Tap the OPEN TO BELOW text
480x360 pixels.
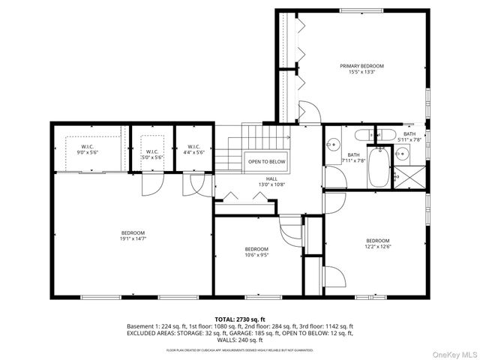tap(267, 162)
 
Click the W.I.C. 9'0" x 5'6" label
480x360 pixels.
tap(88, 149)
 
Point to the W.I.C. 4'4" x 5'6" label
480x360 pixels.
tap(193, 149)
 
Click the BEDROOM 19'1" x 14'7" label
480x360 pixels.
tap(133, 235)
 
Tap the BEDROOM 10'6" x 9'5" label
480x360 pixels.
tap(256, 252)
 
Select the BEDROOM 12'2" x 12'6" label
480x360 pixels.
tap(378, 243)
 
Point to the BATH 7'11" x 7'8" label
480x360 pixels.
tap(352, 157)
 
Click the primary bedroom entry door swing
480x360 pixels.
tap(310, 112)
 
